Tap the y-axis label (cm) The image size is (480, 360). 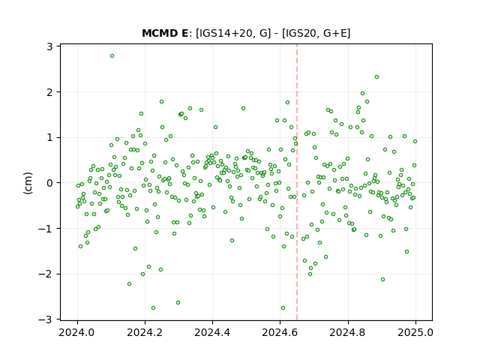(x=28, y=183)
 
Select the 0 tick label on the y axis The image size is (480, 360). (x=49, y=183)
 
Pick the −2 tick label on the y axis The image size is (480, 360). (x=45, y=274)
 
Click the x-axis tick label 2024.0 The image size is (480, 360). (x=77, y=332)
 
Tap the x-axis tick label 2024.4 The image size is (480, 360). (x=212, y=332)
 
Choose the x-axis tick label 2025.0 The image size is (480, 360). (x=415, y=332)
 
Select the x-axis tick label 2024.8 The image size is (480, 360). (x=348, y=332)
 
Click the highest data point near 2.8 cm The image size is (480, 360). (x=112, y=56)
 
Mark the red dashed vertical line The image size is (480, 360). (x=297, y=182)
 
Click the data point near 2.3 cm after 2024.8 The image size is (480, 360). (x=376, y=77)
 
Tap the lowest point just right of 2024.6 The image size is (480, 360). (x=283, y=308)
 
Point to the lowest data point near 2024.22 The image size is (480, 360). (x=153, y=308)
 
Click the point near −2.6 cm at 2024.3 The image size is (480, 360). (x=178, y=303)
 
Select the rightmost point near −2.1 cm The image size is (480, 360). (x=382, y=280)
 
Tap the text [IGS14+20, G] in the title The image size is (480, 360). (x=233, y=33)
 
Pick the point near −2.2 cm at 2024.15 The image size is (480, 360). (x=129, y=284)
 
